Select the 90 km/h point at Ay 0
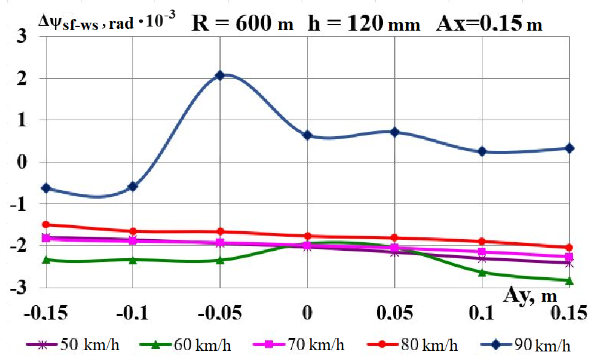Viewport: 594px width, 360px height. click(308, 135)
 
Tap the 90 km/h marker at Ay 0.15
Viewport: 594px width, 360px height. click(569, 148)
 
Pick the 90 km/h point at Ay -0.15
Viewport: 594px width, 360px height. click(45, 188)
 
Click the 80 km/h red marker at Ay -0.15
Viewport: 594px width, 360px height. click(45, 224)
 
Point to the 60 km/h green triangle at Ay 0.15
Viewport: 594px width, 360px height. click(569, 281)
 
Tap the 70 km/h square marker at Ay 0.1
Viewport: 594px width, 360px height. click(482, 251)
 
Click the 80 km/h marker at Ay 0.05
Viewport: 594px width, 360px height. click(395, 237)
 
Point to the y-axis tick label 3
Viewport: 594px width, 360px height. click(21, 37)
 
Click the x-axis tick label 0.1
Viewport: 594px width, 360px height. click(482, 313)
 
